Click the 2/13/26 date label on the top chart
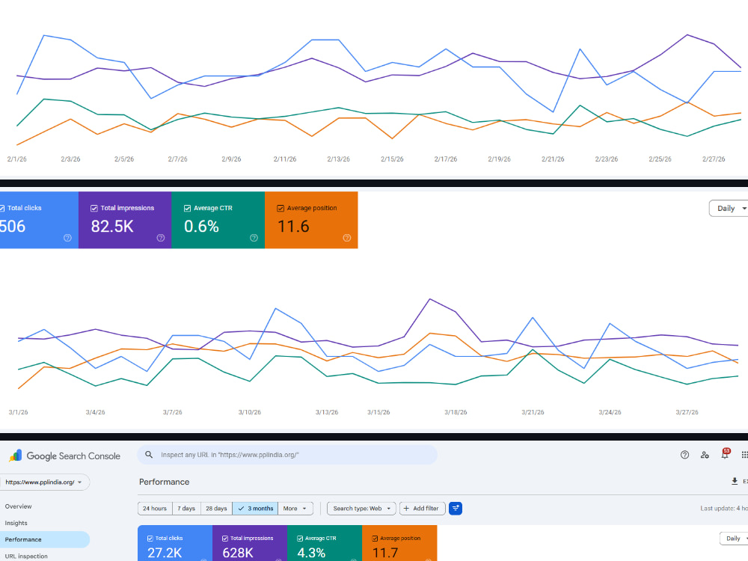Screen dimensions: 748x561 click(338, 159)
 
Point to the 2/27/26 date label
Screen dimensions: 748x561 click(714, 159)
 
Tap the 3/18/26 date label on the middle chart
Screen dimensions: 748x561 click(456, 412)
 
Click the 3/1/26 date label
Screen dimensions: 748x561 click(18, 412)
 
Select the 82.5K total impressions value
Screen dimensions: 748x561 click(112, 226)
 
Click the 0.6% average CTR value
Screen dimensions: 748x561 click(201, 226)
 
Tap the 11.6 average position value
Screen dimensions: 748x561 click(293, 226)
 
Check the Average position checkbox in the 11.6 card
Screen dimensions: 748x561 click(280, 209)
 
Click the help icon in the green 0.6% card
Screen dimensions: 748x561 click(254, 238)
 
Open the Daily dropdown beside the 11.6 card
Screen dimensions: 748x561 click(729, 209)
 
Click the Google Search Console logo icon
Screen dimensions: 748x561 click(15, 456)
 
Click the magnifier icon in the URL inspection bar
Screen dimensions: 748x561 click(149, 455)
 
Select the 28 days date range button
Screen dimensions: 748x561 click(216, 509)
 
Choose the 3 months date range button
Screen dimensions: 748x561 click(255, 509)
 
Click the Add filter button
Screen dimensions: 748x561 click(422, 509)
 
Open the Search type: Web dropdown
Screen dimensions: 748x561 click(361, 509)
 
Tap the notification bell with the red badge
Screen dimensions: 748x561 click(725, 454)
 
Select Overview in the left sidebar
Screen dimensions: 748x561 click(18, 506)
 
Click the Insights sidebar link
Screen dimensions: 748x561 click(16, 524)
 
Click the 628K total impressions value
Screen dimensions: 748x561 click(238, 553)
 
